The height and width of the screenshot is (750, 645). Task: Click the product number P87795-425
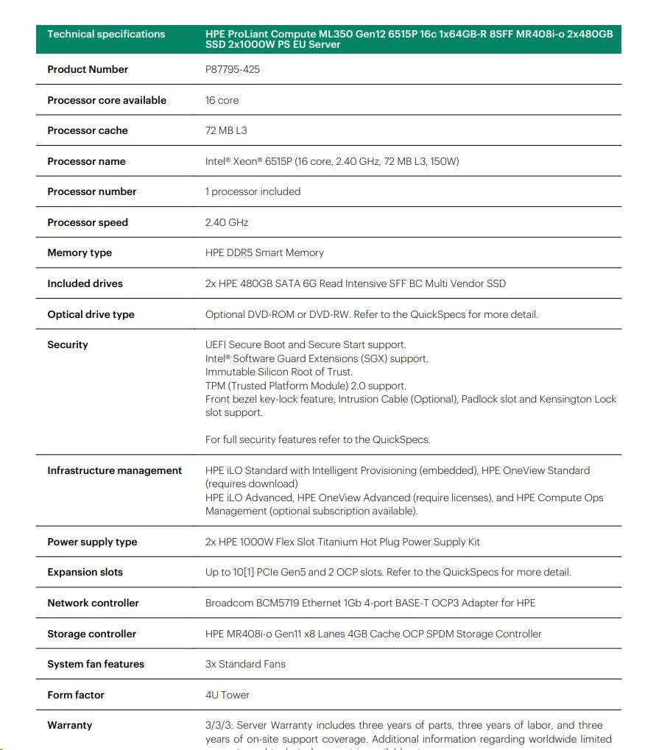tap(232, 69)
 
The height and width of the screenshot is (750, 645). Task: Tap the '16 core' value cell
tap(222, 100)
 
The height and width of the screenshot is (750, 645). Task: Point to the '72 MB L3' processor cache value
tap(226, 130)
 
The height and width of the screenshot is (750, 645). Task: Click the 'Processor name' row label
tap(86, 161)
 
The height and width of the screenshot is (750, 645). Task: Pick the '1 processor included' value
tap(253, 191)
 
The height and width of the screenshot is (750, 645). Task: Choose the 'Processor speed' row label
tap(88, 222)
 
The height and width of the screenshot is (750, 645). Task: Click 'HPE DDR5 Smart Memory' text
tap(264, 252)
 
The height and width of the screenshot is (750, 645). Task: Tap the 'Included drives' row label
tap(85, 283)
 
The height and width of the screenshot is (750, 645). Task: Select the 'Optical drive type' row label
tap(91, 314)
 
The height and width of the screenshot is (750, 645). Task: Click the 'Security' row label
tap(68, 344)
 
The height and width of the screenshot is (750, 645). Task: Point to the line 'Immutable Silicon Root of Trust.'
tap(279, 372)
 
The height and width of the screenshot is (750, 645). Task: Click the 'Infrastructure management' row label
tap(114, 470)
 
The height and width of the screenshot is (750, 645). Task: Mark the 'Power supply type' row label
tap(92, 542)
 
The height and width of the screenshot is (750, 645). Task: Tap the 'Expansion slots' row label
tap(85, 572)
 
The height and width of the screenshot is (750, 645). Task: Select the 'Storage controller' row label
tap(91, 634)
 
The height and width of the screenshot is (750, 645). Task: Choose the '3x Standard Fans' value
tap(245, 664)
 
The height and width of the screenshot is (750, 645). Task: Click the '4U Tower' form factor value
tap(228, 695)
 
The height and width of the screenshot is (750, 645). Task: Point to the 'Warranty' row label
tap(70, 725)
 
